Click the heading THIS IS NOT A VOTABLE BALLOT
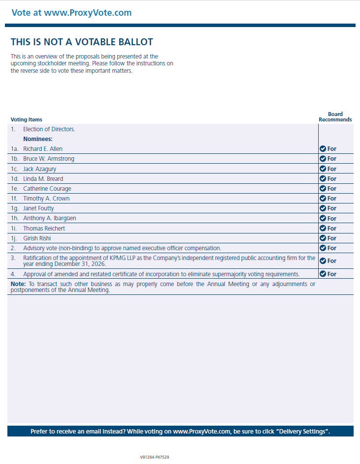(82, 42)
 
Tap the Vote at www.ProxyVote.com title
(71, 13)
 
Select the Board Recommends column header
(335, 116)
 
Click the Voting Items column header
(27, 119)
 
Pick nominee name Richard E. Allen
(43, 149)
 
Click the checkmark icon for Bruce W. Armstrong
(323, 159)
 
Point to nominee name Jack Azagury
(39, 169)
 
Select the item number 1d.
(15, 179)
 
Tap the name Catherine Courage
(47, 189)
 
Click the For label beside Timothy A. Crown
(332, 199)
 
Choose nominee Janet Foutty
(39, 208)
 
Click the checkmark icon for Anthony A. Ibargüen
(323, 218)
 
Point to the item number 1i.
(14, 229)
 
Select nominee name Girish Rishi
(37, 238)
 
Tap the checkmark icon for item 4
(323, 274)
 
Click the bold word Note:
(18, 284)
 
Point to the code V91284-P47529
(154, 457)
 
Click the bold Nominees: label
(38, 139)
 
